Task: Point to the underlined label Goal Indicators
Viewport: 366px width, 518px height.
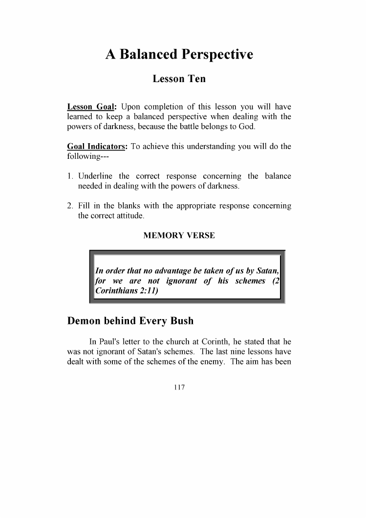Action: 96,148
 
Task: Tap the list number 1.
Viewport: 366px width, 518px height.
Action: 70,176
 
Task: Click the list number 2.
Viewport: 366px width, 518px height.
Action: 70,206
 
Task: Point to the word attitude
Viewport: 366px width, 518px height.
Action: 129,216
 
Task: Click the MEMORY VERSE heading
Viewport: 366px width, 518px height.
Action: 179,236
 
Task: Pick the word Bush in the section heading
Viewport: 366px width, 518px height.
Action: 181,321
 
